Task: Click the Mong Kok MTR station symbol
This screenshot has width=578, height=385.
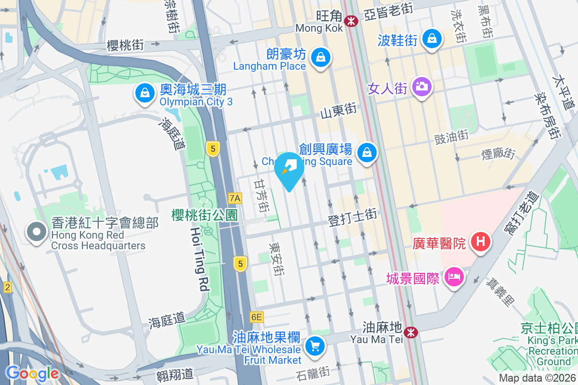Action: [351, 20]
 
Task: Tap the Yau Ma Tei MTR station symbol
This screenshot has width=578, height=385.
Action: [411, 332]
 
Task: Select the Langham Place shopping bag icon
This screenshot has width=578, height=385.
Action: [319, 58]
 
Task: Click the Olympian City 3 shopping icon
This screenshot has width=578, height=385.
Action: [144, 93]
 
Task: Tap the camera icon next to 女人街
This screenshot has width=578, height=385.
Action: [422, 87]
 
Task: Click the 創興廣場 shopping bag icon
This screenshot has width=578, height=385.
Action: [367, 153]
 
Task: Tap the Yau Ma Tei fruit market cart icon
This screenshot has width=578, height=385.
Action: [315, 346]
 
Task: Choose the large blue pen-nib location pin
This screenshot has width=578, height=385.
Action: [289, 169]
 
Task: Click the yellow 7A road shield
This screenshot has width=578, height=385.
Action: [235, 198]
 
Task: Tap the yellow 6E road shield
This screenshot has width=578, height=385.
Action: [257, 317]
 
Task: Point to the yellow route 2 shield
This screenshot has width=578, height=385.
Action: [7, 287]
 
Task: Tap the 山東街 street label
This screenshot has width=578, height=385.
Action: [339, 111]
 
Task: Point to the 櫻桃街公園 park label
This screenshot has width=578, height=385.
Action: [204, 215]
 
